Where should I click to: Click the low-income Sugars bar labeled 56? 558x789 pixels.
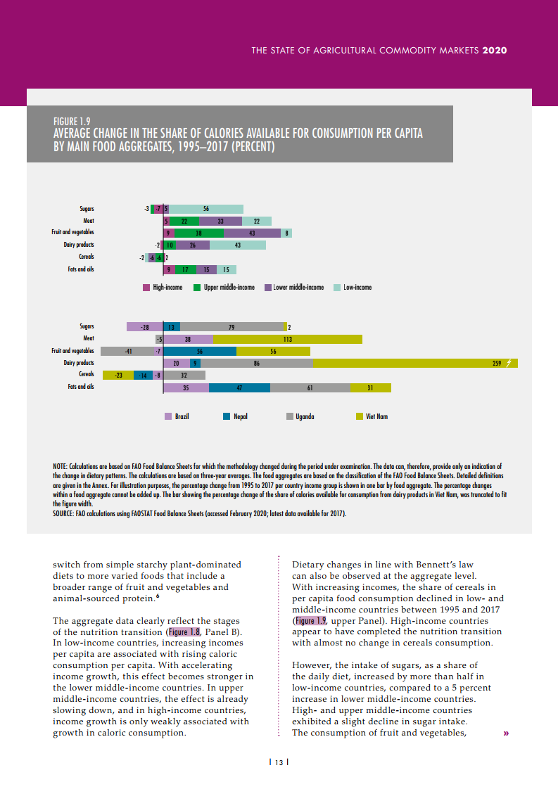206,209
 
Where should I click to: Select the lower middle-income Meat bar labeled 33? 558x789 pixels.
220,221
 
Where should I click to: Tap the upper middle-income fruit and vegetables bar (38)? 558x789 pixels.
198,233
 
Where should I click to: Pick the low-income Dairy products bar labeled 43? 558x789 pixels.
238,245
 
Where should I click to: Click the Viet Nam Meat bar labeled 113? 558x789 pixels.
288,339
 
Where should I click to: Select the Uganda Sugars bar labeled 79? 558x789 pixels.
232,327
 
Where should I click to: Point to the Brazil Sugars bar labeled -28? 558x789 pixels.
144,327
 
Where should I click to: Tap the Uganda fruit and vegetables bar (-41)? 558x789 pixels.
127,351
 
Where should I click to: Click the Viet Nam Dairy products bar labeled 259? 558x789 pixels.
415,363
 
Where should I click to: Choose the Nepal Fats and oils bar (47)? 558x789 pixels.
239,387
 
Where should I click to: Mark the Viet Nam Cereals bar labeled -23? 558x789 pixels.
118,375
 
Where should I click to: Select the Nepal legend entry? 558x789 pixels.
235,416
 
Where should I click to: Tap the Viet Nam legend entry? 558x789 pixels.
372,416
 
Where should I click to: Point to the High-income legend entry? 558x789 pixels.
163,288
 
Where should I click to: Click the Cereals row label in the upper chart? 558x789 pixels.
86,257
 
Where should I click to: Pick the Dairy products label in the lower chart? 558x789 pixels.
79,363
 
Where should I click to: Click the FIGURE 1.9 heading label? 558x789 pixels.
71,121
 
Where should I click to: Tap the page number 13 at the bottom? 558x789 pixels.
279,762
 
